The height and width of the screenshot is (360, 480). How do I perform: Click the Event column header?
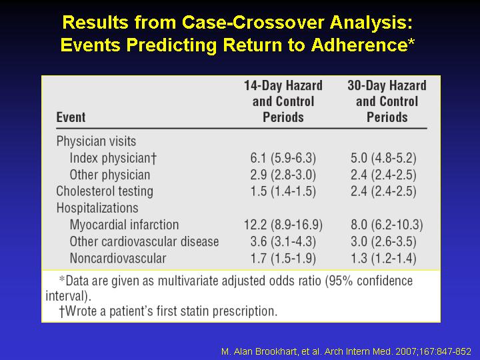click(71, 117)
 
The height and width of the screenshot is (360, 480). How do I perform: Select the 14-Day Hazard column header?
click(283, 101)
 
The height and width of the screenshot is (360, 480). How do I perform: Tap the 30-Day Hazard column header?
click(387, 101)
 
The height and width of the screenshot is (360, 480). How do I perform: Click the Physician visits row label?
click(96, 141)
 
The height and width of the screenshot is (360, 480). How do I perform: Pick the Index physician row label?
click(113, 158)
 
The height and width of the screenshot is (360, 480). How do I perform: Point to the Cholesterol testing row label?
click(105, 191)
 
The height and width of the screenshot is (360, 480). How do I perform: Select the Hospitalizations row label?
click(97, 208)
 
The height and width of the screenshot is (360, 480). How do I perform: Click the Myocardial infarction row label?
click(124, 225)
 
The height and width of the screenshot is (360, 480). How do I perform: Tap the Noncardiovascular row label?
click(118, 258)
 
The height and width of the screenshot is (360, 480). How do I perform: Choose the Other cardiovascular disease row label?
click(144, 241)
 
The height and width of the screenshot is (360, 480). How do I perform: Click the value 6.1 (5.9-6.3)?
click(283, 158)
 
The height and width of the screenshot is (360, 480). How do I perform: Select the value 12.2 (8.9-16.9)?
click(283, 225)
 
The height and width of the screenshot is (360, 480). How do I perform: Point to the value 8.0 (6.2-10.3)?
click(387, 225)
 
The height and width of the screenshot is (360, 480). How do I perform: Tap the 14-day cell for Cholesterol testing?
click(283, 191)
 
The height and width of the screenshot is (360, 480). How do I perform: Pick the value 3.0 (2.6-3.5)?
click(383, 241)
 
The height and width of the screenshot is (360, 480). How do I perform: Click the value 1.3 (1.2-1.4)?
click(383, 258)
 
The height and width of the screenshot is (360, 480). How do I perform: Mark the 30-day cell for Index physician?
click(383, 158)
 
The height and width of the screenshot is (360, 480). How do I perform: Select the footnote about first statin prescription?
click(168, 311)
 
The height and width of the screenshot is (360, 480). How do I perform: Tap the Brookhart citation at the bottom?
click(346, 351)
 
